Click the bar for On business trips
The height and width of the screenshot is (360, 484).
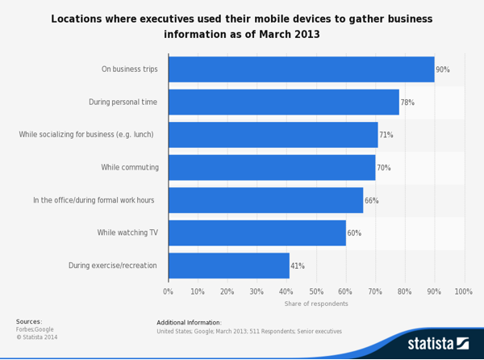pyautogui.click(x=301, y=69)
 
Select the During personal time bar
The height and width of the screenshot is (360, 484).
pyautogui.click(x=283, y=103)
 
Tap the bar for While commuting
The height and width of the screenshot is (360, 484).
pyautogui.click(x=272, y=168)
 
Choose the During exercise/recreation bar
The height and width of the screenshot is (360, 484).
pyautogui.click(x=228, y=266)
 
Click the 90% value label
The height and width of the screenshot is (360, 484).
pyautogui.click(x=443, y=70)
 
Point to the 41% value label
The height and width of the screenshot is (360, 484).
pyautogui.click(x=298, y=266)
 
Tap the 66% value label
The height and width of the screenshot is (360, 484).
pyautogui.click(x=371, y=200)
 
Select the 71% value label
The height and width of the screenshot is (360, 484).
pyautogui.click(x=386, y=135)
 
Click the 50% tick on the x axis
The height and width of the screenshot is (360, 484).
pyautogui.click(x=316, y=291)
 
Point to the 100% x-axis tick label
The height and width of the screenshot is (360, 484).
pyautogui.click(x=463, y=291)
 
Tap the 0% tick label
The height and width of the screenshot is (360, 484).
pyautogui.click(x=169, y=291)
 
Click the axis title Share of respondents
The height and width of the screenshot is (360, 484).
pyautogui.click(x=316, y=303)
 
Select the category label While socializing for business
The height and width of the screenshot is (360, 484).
pyautogui.click(x=86, y=135)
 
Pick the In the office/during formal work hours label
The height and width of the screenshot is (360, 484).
pyautogui.click(x=94, y=200)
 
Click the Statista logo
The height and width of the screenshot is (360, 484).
pyautogui.click(x=438, y=343)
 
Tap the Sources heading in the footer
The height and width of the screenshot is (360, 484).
pyautogui.click(x=29, y=321)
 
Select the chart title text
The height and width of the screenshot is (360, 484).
pyautogui.click(x=242, y=27)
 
